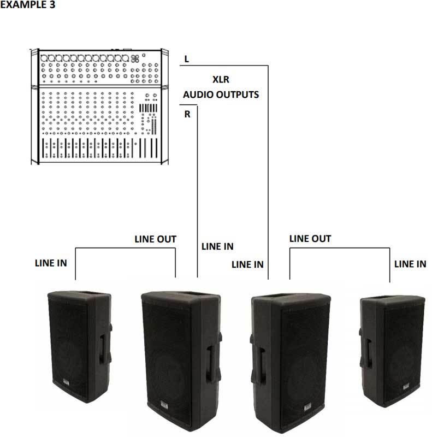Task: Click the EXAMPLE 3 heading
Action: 28,4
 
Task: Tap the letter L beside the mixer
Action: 186,59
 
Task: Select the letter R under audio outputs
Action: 187,114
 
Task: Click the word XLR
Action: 221,79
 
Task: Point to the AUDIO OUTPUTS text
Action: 221,95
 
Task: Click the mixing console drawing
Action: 99,106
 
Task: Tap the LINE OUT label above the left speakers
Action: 155,239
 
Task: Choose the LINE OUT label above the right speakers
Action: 310,239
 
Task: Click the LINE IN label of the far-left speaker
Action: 51,263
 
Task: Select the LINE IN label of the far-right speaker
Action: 410,264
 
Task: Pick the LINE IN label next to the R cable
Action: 217,246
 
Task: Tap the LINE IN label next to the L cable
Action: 247,264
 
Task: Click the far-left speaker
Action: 79,346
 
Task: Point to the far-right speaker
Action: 392,351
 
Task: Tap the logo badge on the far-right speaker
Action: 406,387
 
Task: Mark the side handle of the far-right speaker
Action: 368,353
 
